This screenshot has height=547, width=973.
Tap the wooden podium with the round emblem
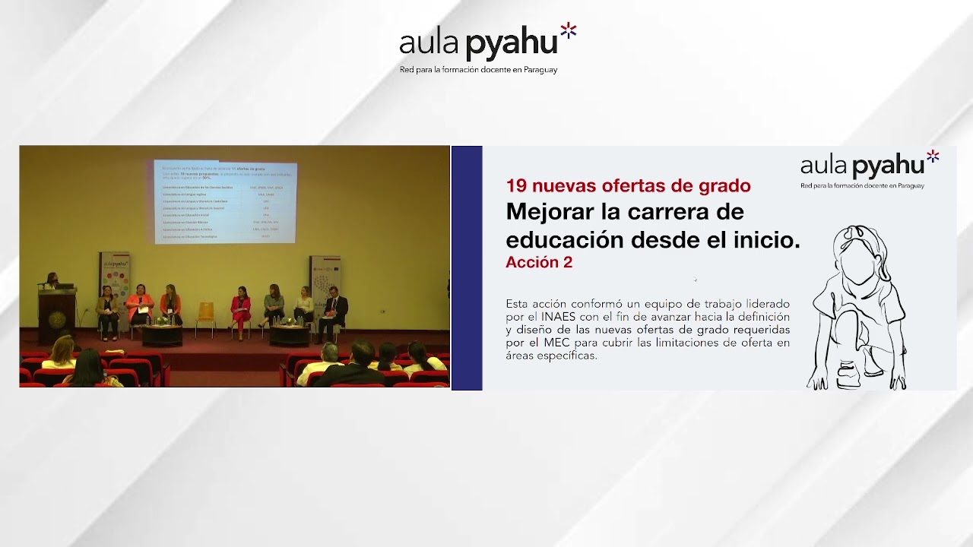tap(57, 314)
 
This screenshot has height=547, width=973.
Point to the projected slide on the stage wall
tap(225, 201)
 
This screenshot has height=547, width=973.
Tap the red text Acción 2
tap(539, 263)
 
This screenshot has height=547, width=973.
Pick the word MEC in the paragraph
tap(558, 343)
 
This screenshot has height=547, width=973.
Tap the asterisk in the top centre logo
tap(569, 31)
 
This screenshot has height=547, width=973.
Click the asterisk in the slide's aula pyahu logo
tap(933, 156)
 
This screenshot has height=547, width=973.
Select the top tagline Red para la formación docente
tap(478, 70)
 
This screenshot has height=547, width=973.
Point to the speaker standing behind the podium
tap(51, 280)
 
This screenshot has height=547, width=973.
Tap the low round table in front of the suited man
tap(290, 335)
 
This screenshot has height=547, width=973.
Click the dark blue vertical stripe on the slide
tap(467, 267)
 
